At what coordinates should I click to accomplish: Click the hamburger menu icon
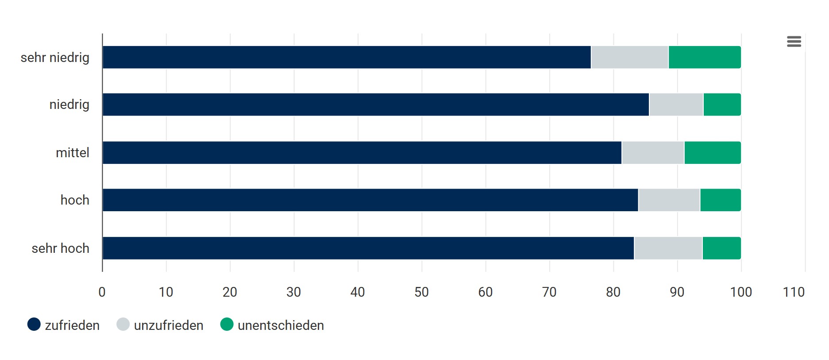(794, 42)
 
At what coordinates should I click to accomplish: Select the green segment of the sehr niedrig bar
(704, 57)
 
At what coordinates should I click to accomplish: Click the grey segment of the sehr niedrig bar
(629, 57)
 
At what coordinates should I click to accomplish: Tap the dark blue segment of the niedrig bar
(375, 105)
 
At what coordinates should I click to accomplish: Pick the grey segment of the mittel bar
(653, 153)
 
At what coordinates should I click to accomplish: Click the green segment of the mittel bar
(712, 153)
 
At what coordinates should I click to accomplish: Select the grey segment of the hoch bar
(669, 200)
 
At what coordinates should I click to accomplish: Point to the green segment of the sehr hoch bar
(721, 248)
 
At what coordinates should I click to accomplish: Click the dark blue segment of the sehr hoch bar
(368, 248)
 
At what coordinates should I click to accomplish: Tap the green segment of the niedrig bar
(722, 105)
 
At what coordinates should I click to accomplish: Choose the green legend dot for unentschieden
(227, 325)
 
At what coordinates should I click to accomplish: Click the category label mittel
(73, 153)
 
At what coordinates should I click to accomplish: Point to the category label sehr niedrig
(55, 58)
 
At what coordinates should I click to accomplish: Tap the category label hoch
(75, 200)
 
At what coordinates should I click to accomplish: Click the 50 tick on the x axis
(421, 292)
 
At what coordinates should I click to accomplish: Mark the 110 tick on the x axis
(794, 292)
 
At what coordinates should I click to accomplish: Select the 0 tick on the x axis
(102, 292)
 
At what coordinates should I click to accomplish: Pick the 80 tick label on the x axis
(613, 292)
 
